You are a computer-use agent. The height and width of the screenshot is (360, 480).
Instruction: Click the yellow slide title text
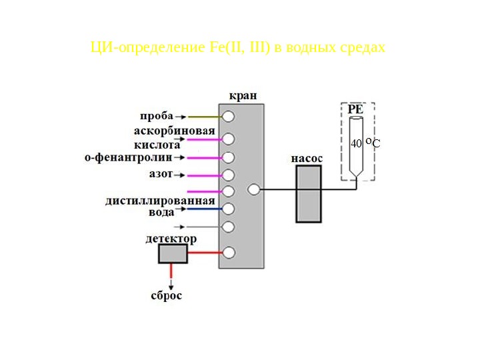point(238,48)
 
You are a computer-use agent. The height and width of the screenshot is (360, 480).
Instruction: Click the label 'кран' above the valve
point(242,95)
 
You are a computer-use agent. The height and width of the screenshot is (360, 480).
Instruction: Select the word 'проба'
point(157,116)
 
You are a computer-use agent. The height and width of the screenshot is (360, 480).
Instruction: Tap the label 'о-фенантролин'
point(128,157)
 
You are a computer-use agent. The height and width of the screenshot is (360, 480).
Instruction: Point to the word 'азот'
point(160,174)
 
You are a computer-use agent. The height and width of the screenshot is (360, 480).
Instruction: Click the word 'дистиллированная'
point(160,201)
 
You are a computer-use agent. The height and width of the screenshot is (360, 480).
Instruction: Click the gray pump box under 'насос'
point(309,193)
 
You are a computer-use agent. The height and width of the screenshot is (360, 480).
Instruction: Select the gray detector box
point(173,253)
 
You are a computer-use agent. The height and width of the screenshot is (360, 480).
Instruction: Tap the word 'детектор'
point(171,239)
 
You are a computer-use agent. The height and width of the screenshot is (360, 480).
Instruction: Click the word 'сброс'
point(166,296)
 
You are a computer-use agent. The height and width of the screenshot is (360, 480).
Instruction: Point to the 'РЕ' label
point(355,109)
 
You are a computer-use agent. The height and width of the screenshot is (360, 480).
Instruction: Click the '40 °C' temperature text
point(365,143)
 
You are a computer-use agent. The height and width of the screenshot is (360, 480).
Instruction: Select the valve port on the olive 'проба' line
point(229,117)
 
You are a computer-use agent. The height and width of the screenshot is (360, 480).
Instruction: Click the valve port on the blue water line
point(229,209)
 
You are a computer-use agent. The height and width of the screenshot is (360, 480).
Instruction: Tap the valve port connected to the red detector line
point(229,253)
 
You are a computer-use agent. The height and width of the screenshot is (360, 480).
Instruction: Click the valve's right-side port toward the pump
point(253,189)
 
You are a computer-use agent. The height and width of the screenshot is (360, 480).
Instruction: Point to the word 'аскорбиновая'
point(174,131)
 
